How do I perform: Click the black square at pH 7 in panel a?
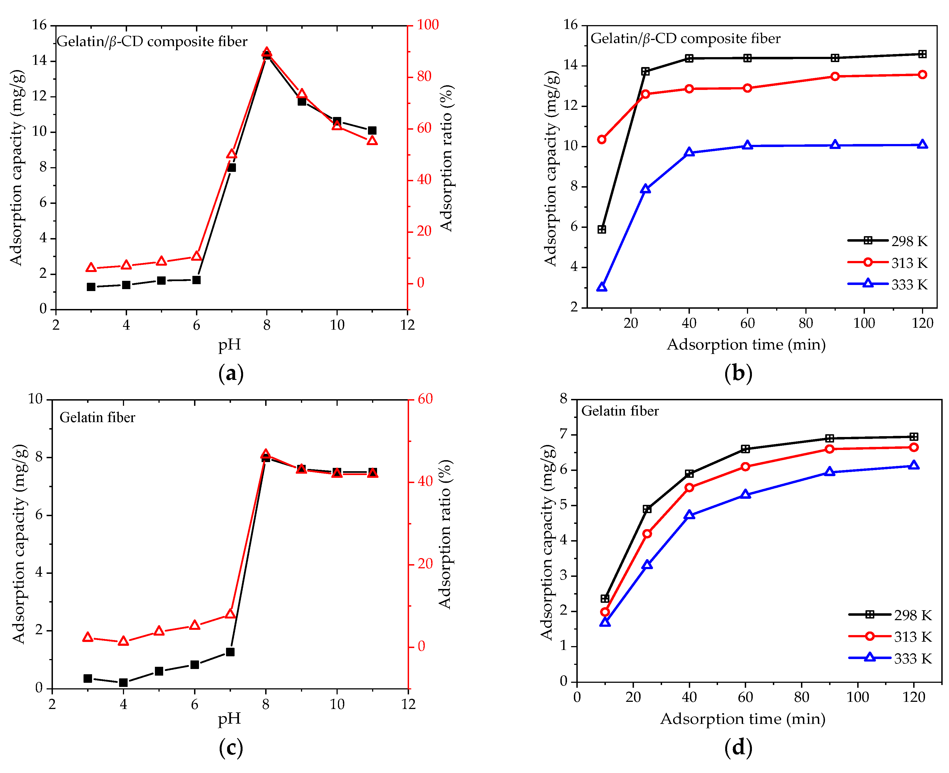pyautogui.click(x=231, y=167)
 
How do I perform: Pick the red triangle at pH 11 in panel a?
pyautogui.click(x=372, y=141)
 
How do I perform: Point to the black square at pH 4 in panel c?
pyautogui.click(x=123, y=683)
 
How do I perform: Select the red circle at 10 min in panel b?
pyautogui.click(x=601, y=139)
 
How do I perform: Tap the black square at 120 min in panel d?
pyautogui.click(x=913, y=437)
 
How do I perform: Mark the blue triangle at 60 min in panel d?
pyautogui.click(x=745, y=495)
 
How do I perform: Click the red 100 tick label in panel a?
pyautogui.click(x=428, y=25)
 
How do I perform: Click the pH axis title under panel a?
pyautogui.click(x=229, y=344)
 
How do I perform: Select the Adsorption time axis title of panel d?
pyautogui.click(x=742, y=719)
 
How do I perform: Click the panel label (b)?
pyautogui.click(x=738, y=373)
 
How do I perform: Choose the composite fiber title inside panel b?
pyautogui.click(x=685, y=39)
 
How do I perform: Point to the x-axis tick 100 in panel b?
pyautogui.click(x=864, y=323)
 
